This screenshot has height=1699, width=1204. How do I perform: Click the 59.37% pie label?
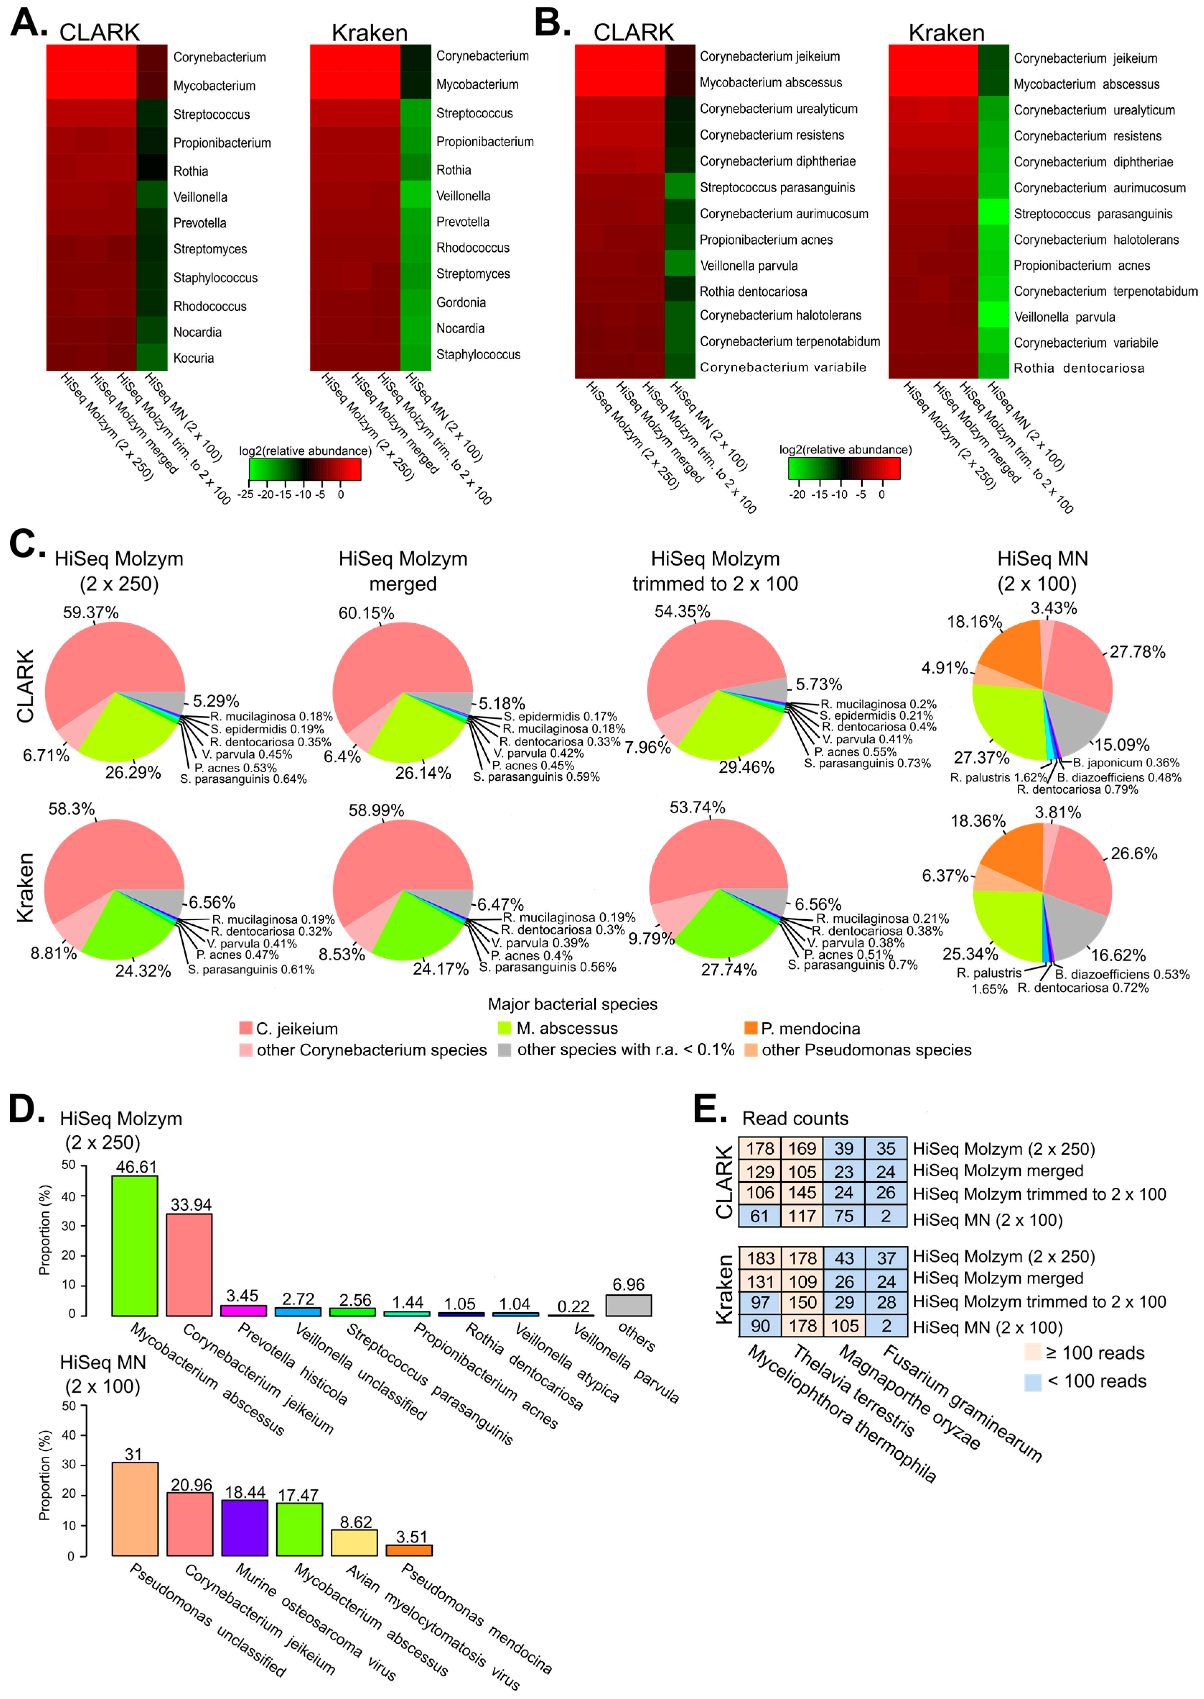[x=90, y=612]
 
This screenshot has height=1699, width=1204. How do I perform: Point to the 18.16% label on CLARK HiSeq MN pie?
[x=974, y=621]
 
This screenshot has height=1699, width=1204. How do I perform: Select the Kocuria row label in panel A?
[x=193, y=358]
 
